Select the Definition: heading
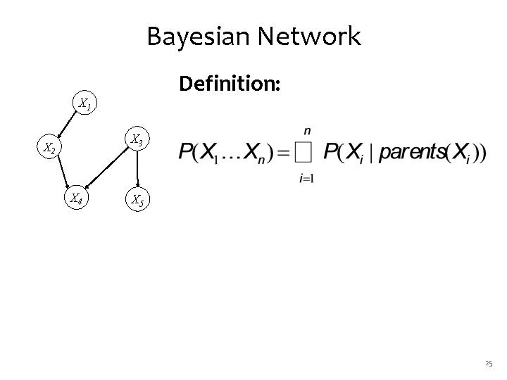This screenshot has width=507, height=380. pos(230,84)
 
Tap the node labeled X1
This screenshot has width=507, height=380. pos(84,106)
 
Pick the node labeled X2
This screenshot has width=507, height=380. pos(49,148)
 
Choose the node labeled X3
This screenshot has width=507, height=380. pos(137,141)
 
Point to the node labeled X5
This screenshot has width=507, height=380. pos(137,201)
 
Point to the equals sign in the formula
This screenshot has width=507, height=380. pos(280,152)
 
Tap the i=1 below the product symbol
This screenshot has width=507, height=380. pos(306,177)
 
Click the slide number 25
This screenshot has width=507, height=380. pos(489,364)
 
